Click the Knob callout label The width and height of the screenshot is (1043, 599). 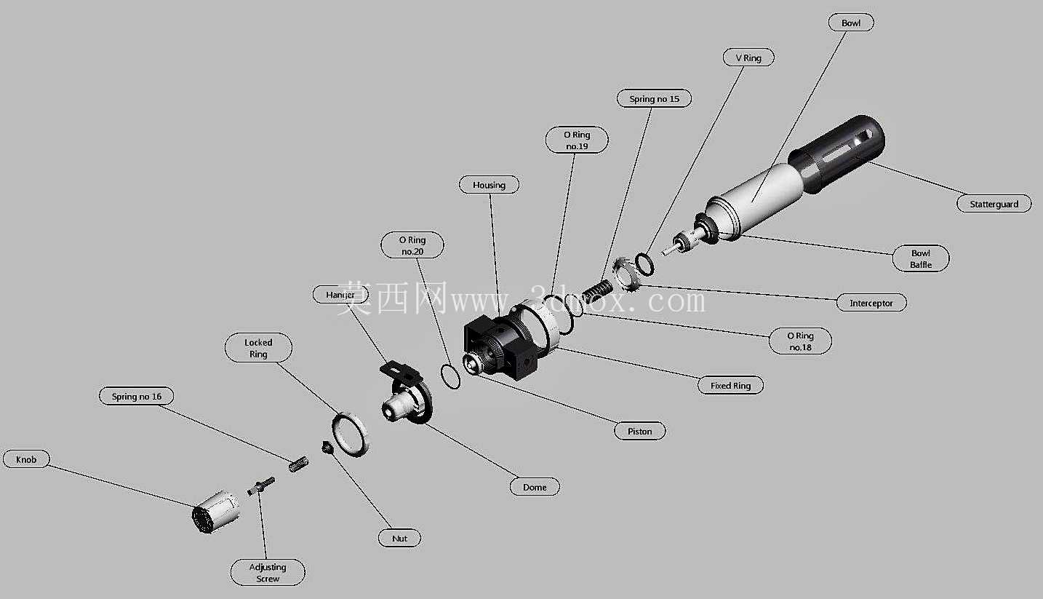[26, 459]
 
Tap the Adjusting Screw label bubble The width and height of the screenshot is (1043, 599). [268, 573]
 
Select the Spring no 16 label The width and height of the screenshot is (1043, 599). [137, 397]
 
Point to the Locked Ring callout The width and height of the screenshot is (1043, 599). [258, 348]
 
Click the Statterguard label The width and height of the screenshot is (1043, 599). [994, 204]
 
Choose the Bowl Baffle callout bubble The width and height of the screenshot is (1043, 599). [921, 258]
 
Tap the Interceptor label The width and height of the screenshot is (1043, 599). [871, 304]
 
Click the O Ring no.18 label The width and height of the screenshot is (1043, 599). [800, 341]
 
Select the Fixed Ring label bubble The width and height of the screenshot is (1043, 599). [730, 386]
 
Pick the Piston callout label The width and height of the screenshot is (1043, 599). [640, 432]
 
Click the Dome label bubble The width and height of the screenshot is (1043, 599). [535, 487]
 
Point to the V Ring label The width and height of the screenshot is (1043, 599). [748, 57]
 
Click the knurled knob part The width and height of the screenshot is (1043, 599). [216, 512]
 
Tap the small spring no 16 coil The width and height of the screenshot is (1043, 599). [298, 464]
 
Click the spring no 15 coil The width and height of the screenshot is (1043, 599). [598, 291]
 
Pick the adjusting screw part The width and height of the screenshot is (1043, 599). [261, 485]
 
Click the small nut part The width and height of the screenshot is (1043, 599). [327, 448]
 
